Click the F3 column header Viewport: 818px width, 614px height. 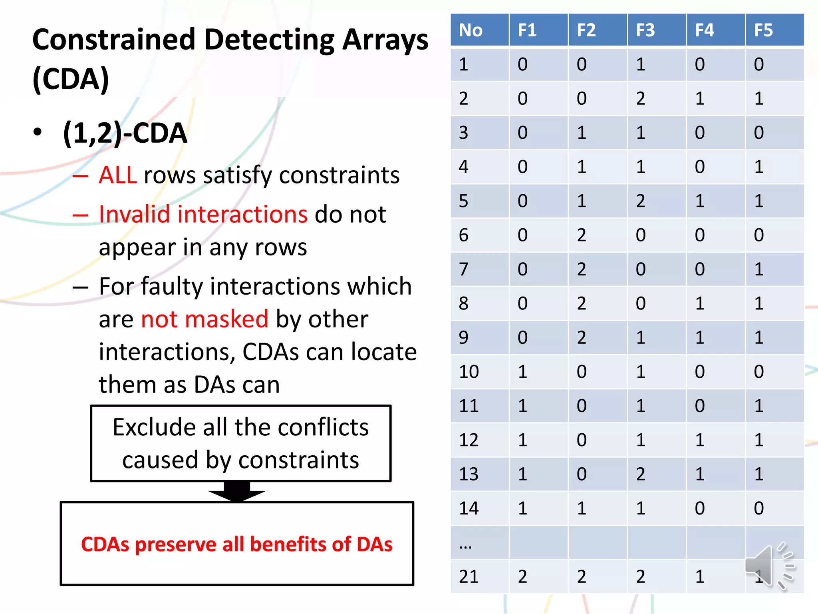pyautogui.click(x=645, y=30)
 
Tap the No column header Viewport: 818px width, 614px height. pyautogui.click(x=471, y=30)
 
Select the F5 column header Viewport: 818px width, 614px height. pyautogui.click(x=763, y=30)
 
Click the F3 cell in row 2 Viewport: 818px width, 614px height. pyautogui.click(x=641, y=99)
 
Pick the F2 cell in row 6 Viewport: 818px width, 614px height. pyautogui.click(x=582, y=235)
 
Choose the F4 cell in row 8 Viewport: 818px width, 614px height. pyautogui.click(x=700, y=303)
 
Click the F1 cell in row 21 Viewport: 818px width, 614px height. pyautogui.click(x=522, y=576)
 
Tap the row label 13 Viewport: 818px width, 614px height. pyautogui.click(x=469, y=474)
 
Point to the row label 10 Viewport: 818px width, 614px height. pyautogui.click(x=469, y=372)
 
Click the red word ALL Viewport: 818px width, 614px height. pyautogui.click(x=118, y=175)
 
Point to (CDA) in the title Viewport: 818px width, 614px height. pyautogui.click(x=71, y=79)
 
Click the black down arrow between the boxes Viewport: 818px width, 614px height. pyautogui.click(x=237, y=492)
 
